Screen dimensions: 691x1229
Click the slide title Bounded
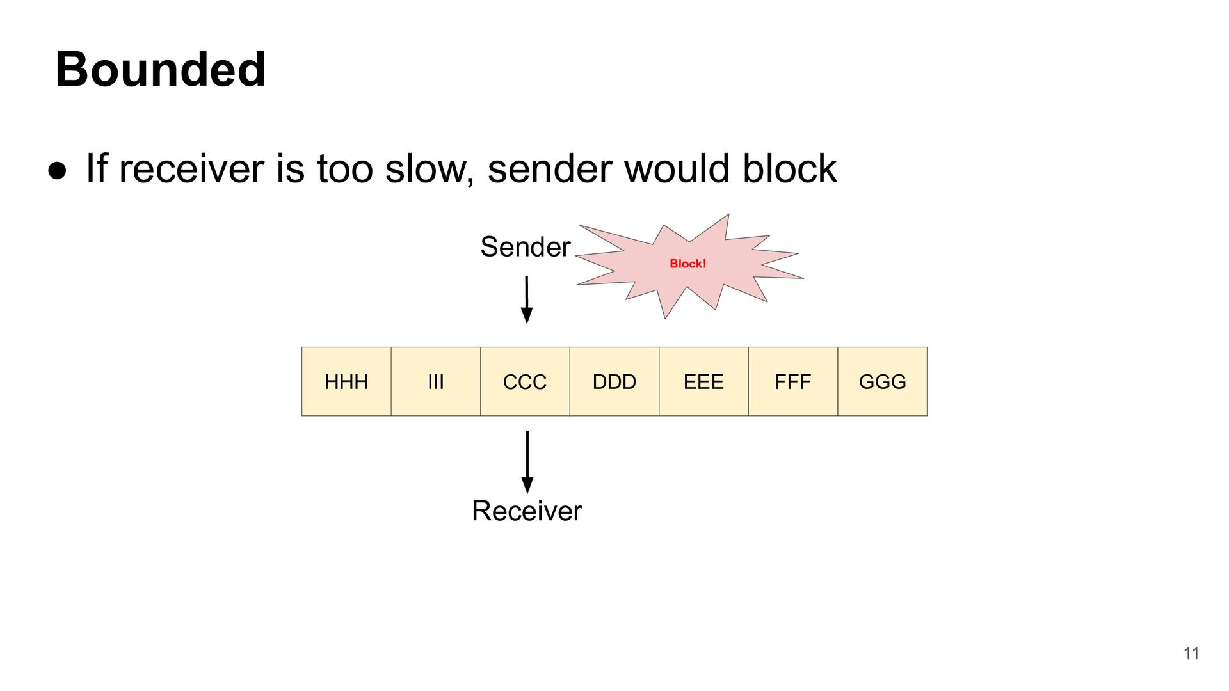point(160,69)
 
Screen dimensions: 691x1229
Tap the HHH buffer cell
point(346,382)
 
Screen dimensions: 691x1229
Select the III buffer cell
point(435,382)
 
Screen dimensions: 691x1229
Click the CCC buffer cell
point(525,382)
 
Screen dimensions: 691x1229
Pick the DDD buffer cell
point(614,382)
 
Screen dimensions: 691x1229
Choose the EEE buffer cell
point(703,382)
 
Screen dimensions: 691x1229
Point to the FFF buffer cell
point(792,382)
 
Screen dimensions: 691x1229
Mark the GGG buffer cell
point(882,382)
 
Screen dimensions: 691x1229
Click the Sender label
point(525,247)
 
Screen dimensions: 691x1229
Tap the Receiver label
point(527,511)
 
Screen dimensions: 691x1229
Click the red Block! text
point(687,264)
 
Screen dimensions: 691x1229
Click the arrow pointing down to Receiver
point(527,461)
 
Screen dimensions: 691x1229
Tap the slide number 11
point(1191,653)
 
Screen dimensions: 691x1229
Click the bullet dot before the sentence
point(57,170)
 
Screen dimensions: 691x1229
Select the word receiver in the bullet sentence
point(191,169)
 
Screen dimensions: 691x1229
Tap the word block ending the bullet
point(789,169)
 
